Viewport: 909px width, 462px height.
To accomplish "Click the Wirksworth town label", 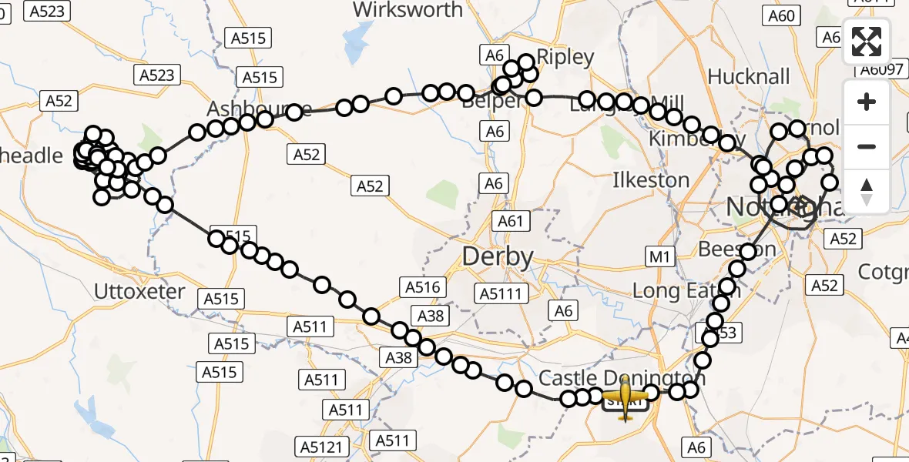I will point(408,10).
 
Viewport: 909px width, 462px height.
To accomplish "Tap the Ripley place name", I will point(565,58).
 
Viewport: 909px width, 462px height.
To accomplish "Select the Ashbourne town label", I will point(259,109).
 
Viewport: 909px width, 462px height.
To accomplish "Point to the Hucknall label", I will point(749,77).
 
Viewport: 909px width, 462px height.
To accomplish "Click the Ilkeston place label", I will point(651,180).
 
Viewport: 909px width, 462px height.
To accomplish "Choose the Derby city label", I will point(498,256).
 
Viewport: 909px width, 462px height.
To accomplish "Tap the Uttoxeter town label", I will point(139,292).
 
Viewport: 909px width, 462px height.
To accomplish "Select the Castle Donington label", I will point(611,378).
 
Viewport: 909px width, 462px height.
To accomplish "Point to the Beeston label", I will point(737,249).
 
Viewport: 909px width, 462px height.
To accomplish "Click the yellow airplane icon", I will point(626,398).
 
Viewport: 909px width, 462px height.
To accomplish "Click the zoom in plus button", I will point(867,102).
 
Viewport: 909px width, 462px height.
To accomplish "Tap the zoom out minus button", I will point(867,147).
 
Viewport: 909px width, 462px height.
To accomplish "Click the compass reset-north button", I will point(867,191).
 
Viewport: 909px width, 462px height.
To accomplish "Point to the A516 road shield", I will point(423,288).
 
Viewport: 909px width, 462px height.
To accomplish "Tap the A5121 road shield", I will point(321,447).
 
